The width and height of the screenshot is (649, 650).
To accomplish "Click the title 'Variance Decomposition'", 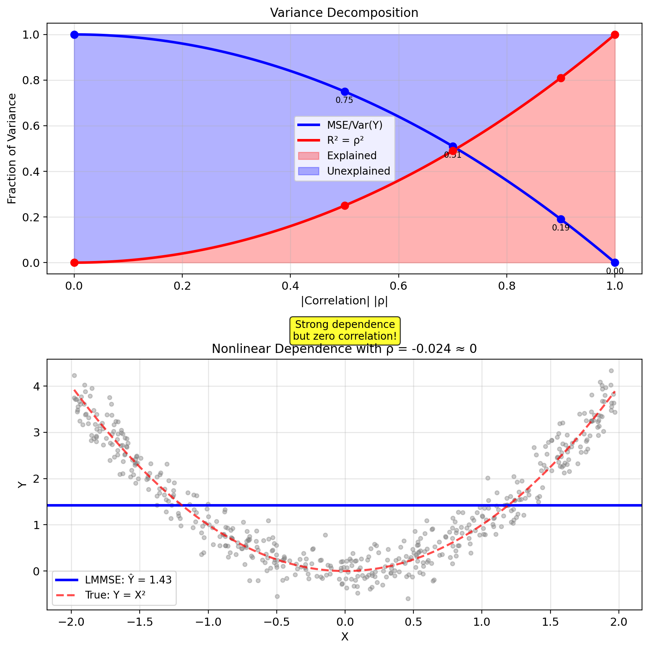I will pos(344,13).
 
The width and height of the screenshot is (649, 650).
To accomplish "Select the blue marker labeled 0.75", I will pos(344,92).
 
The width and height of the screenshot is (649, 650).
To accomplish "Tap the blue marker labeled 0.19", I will pos(560,219).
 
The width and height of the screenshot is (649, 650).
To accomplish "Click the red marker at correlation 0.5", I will pos(344,206).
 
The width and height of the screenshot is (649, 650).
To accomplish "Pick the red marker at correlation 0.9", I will pos(560,78).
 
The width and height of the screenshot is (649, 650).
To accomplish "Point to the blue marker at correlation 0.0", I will pos(74,35).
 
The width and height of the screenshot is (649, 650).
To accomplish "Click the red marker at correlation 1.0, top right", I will pos(614,35).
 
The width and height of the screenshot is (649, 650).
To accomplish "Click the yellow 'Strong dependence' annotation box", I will pos(345,330).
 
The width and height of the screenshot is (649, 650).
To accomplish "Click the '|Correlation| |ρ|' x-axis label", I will pos(344,301).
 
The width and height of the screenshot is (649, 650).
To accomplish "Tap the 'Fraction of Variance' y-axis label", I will pos(12,149).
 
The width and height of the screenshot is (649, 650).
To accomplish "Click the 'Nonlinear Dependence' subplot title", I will pos(344,349).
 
